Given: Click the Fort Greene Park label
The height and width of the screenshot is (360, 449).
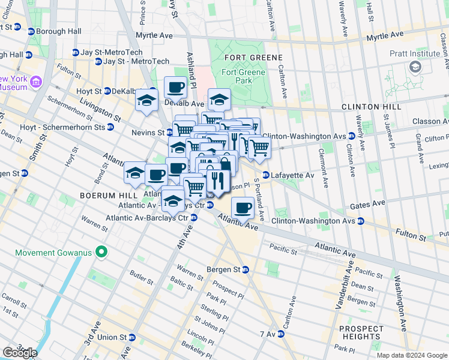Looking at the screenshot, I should tap(242, 76).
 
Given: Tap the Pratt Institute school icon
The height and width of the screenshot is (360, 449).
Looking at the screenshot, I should tap(414, 67).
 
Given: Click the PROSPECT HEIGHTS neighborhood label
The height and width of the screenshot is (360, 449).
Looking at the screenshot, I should tap(361, 333).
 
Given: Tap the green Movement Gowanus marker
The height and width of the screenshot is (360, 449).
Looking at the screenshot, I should tap(101, 252).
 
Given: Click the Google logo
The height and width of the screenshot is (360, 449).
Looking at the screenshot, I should tap(20, 353).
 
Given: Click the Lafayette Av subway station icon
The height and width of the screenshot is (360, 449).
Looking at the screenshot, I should tap(265, 175).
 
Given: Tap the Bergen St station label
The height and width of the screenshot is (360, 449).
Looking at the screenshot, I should tap(221, 269).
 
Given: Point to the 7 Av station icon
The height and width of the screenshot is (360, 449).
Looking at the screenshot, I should tap(279, 334).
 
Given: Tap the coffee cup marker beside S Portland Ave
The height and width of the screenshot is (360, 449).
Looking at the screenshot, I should tap(243, 208).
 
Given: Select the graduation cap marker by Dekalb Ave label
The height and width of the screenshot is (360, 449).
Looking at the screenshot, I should tap(219, 99).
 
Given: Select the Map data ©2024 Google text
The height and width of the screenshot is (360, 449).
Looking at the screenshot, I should tap(411, 355).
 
